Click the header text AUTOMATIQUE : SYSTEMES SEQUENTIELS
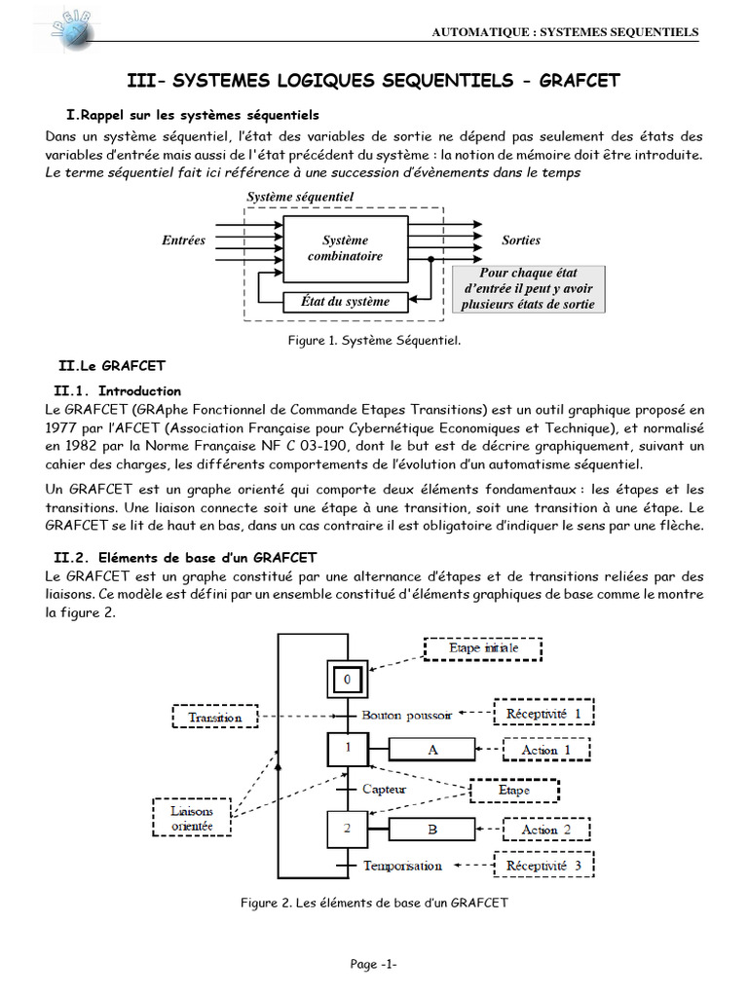(x=565, y=32)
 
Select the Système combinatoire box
(x=345, y=248)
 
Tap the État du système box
(x=345, y=302)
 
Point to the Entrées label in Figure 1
(x=183, y=240)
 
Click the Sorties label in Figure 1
(x=520, y=240)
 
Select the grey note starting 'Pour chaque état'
(x=528, y=289)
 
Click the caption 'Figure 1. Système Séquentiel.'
(x=374, y=341)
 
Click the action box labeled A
(x=431, y=750)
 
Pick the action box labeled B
(x=431, y=830)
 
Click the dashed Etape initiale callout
(x=483, y=647)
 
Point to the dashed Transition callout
(x=215, y=717)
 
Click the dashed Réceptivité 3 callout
(x=543, y=865)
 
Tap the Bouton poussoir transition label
(x=406, y=715)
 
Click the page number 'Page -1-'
(x=374, y=964)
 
